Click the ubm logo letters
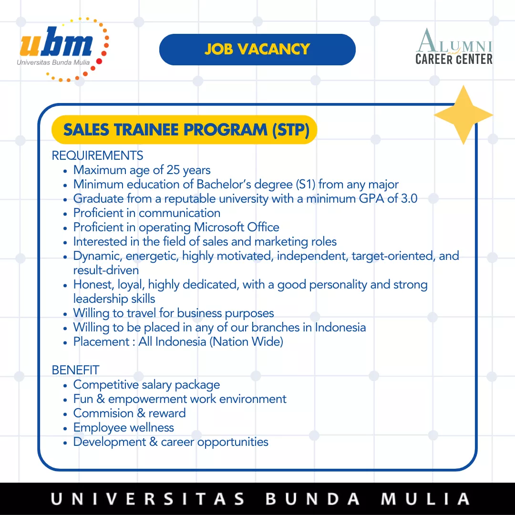pyautogui.click(x=56, y=41)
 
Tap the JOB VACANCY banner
pyautogui.click(x=257, y=50)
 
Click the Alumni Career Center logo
pyautogui.click(x=454, y=46)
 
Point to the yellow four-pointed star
pyautogui.click(x=463, y=115)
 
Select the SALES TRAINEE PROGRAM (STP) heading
pyautogui.click(x=186, y=130)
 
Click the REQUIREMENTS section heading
pyautogui.click(x=98, y=155)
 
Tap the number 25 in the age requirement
pyautogui.click(x=173, y=170)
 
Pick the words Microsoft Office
pyautogui.click(x=237, y=227)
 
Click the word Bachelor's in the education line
pyautogui.click(x=224, y=184)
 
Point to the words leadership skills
pyautogui.click(x=114, y=299)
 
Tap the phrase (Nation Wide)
pyautogui.click(x=247, y=341)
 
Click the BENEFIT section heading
pyautogui.click(x=75, y=370)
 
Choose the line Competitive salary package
pyautogui.click(x=146, y=385)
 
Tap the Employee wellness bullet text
pyautogui.click(x=124, y=428)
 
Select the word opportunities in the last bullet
pyautogui.click(x=233, y=442)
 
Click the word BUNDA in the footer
pyautogui.click(x=312, y=499)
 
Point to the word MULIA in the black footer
pyautogui.click(x=425, y=499)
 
